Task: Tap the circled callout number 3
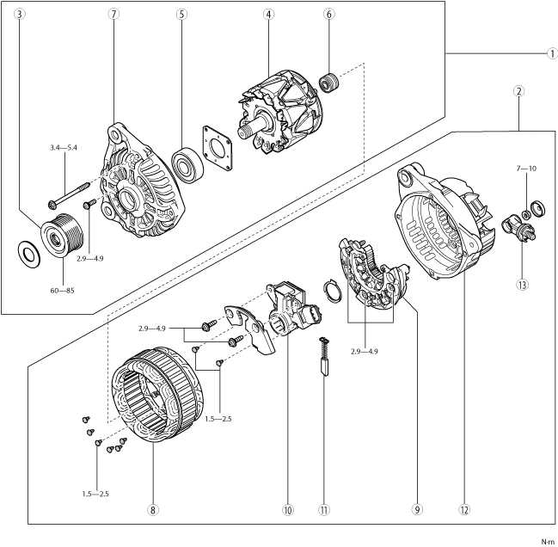[20, 15]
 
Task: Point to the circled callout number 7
[114, 15]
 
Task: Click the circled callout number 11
[324, 510]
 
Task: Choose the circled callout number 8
[152, 510]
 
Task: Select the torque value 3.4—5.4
[64, 148]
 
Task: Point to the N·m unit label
[548, 541]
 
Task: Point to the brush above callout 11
[324, 354]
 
